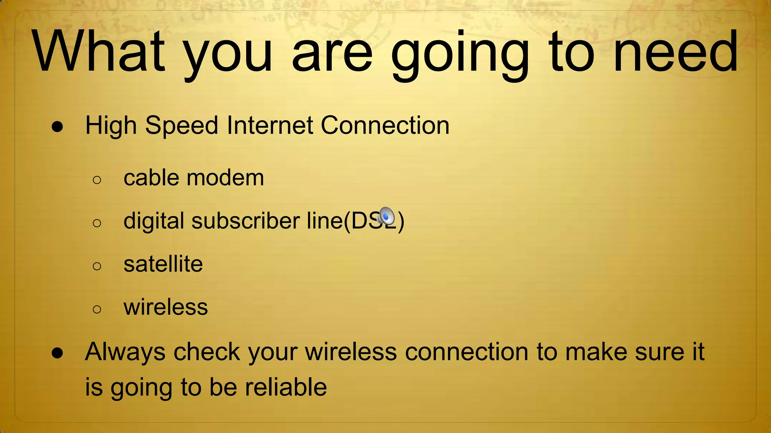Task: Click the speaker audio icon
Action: (x=386, y=216)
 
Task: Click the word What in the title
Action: (x=99, y=51)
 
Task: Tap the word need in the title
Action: (x=675, y=51)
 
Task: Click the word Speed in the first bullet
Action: (x=181, y=126)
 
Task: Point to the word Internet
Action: (x=270, y=125)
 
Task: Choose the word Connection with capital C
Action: (x=385, y=125)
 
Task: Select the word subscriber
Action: (x=245, y=221)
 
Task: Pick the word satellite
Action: (x=163, y=264)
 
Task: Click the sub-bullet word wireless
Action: (x=166, y=307)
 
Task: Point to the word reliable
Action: (x=286, y=387)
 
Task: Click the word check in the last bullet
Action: (x=206, y=352)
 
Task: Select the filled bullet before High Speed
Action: (x=58, y=127)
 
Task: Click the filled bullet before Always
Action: (x=58, y=353)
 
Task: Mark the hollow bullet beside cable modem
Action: (x=97, y=180)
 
